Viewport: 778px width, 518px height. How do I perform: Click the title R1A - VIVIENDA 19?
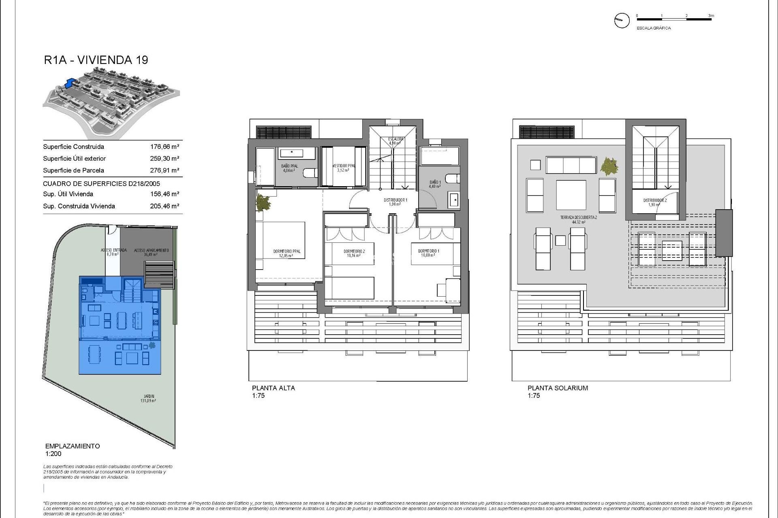[x=96, y=60]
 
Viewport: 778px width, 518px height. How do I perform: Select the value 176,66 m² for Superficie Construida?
[x=165, y=147]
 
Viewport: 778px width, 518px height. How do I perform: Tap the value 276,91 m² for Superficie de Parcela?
[x=165, y=170]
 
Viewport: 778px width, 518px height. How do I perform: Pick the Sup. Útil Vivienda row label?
[x=68, y=194]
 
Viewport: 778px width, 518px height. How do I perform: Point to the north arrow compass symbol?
[x=622, y=20]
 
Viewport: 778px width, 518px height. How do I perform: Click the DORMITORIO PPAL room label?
[x=286, y=253]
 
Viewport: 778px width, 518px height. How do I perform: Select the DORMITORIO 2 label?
[x=354, y=253]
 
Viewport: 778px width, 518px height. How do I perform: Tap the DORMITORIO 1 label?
[x=428, y=253]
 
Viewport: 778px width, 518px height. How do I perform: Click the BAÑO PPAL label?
[x=289, y=168]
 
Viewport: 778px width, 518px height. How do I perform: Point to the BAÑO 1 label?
[x=435, y=184]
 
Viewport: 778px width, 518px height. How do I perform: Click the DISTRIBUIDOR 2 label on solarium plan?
[x=654, y=202]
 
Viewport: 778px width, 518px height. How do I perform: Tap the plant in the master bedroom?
[x=263, y=203]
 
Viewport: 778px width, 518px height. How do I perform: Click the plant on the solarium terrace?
[x=609, y=166]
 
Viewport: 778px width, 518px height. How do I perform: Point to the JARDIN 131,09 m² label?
[x=149, y=398]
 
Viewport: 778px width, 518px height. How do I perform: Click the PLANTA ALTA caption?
[x=273, y=388]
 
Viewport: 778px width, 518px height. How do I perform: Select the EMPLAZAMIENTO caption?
[x=72, y=446]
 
